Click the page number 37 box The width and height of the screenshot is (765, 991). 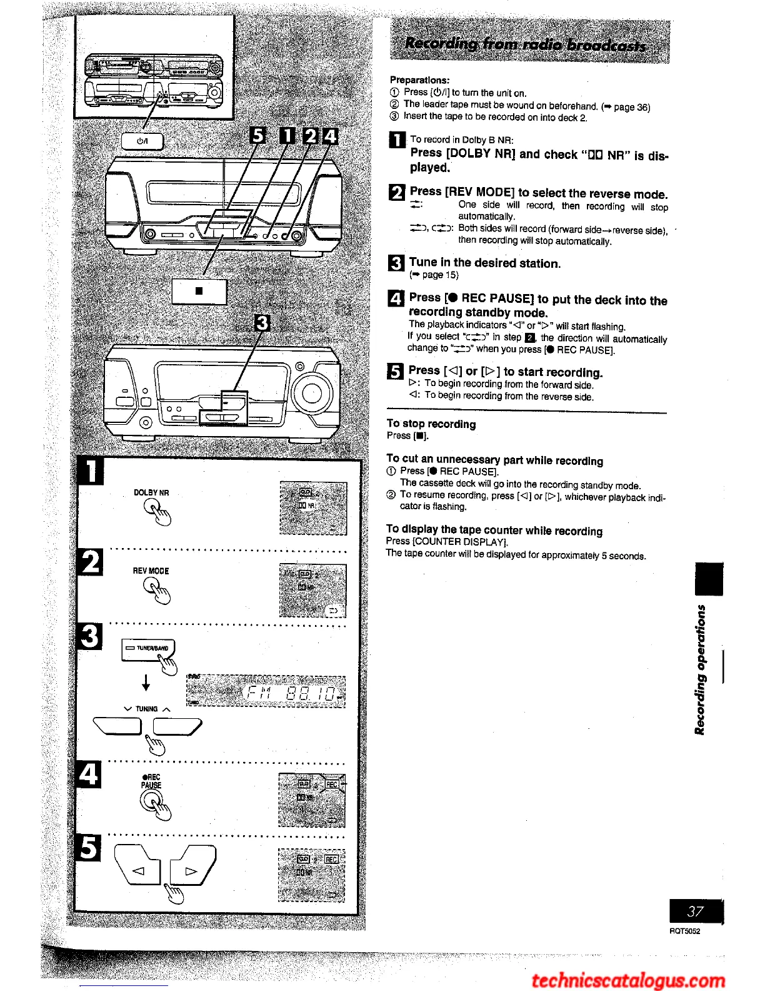coord(696,911)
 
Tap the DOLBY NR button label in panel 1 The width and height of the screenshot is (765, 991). coord(151,492)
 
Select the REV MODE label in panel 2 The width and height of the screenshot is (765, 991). coord(151,571)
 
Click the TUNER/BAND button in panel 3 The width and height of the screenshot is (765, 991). coord(147,649)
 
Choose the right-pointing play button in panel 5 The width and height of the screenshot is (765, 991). coord(191,870)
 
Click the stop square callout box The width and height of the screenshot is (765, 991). coord(199,291)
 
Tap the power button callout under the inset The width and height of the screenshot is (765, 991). coord(142,141)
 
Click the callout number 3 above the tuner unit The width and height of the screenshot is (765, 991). coord(262,323)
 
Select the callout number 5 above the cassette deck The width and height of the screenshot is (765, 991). coord(257,136)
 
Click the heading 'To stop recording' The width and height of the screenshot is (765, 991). coord(431,424)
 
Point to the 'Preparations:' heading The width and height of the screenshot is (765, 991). coord(419,80)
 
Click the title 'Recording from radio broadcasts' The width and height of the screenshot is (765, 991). coord(525,44)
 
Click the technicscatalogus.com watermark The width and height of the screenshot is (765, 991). coord(628,979)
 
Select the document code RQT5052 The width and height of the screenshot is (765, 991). coord(684,931)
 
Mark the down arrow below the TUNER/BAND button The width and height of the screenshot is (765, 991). coord(146,682)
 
